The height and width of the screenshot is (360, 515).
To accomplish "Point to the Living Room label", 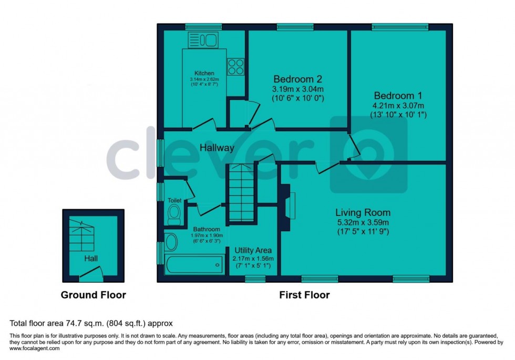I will (363, 212).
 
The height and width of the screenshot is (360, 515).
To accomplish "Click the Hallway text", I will (217, 148).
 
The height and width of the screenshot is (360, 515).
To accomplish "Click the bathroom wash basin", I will (171, 242).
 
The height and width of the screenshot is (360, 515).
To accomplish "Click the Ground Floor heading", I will (93, 295).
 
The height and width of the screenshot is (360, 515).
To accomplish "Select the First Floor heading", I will (304, 295).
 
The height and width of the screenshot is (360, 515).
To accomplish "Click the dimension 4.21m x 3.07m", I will (398, 106).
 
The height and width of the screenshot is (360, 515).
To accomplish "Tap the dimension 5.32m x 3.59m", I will (363, 222).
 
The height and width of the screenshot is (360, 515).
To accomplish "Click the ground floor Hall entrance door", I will (91, 272).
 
